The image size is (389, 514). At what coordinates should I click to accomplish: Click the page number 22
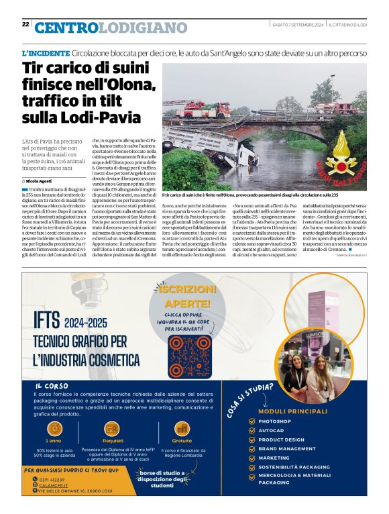[x=25, y=24]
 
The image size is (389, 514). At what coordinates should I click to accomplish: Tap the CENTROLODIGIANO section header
[x=111, y=28]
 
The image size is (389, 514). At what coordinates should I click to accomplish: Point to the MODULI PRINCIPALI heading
[x=292, y=411]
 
